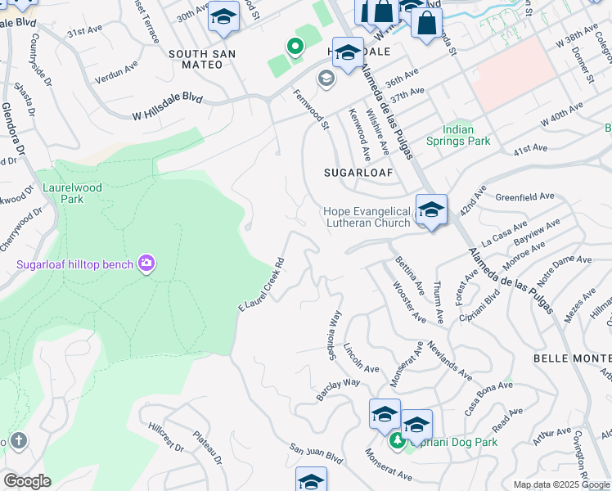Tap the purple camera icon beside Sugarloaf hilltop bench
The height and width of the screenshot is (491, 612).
point(147,263)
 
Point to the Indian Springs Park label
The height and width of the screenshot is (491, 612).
point(458,135)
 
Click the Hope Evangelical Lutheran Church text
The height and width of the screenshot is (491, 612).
point(367,217)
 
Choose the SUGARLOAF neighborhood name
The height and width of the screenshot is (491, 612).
point(358,173)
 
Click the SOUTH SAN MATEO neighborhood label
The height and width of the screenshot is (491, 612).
point(202,59)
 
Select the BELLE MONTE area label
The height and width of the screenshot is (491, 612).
point(572,358)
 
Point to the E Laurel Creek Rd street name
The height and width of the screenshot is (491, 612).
point(261,285)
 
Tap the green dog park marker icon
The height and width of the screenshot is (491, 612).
point(398,442)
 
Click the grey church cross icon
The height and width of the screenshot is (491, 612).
point(18,441)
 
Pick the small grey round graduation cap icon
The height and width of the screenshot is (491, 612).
point(326,79)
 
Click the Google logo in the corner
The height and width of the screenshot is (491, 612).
point(27,481)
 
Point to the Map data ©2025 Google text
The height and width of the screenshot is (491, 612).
point(560,484)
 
